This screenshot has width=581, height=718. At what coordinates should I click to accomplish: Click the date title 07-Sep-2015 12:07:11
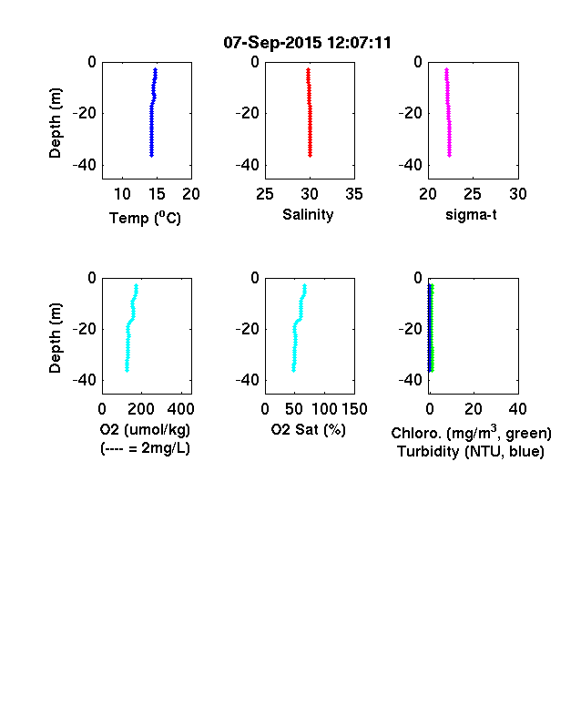(307, 43)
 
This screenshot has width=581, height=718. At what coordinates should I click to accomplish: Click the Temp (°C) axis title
(145, 218)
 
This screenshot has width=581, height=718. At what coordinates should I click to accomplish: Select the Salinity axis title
(308, 214)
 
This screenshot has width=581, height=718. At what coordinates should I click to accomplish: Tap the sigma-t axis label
(471, 215)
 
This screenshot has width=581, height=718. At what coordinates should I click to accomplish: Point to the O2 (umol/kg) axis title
(145, 429)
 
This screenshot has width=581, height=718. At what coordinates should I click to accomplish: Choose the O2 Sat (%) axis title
(309, 429)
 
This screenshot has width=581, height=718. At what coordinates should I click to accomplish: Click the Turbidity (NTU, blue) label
(471, 452)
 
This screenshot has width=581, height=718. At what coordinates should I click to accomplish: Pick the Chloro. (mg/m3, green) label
(471, 433)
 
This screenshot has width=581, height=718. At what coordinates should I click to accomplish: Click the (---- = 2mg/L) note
(145, 447)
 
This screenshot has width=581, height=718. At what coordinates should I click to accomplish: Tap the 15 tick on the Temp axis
(157, 194)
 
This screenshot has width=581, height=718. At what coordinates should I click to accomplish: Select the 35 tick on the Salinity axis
(354, 194)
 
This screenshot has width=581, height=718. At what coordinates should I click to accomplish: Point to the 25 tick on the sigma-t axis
(472, 194)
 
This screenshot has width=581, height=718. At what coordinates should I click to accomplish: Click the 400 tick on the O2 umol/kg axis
(181, 409)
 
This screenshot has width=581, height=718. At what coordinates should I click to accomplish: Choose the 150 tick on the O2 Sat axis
(354, 409)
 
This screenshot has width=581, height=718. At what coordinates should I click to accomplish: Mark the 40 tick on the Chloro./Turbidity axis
(517, 409)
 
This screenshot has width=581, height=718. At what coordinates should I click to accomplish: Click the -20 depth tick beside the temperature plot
(85, 113)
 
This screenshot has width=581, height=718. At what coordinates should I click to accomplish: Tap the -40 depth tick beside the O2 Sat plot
(248, 380)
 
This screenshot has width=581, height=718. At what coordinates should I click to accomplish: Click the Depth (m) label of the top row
(55, 123)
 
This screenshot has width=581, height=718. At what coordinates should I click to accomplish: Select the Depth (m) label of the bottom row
(55, 338)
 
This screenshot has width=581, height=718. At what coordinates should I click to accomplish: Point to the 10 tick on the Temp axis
(122, 194)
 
